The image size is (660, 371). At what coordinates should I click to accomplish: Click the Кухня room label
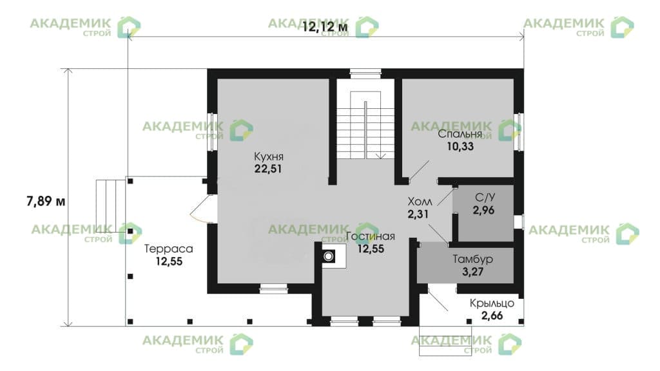click(269, 157)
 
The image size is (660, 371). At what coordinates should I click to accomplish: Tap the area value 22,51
click(268, 169)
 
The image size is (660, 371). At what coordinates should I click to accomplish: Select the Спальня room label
click(460, 135)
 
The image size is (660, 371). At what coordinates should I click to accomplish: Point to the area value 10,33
click(460, 146)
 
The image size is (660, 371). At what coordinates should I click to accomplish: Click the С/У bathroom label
click(485, 198)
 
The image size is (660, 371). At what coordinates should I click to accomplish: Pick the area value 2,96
click(483, 210)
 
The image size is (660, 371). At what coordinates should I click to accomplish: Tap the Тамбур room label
click(472, 260)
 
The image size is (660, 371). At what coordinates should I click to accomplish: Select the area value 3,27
click(472, 272)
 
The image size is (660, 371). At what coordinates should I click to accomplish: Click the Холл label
click(420, 202)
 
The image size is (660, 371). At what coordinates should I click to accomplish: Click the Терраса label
click(169, 249)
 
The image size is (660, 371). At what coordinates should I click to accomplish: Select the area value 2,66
click(492, 316)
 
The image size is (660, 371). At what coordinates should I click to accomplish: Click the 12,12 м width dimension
click(325, 27)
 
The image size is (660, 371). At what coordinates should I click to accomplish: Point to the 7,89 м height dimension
click(46, 202)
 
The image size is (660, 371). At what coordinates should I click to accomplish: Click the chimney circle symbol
click(328, 256)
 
